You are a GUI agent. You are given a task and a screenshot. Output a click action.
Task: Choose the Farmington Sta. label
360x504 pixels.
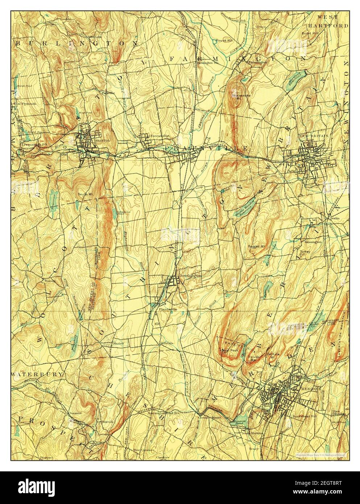coord(207,62)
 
